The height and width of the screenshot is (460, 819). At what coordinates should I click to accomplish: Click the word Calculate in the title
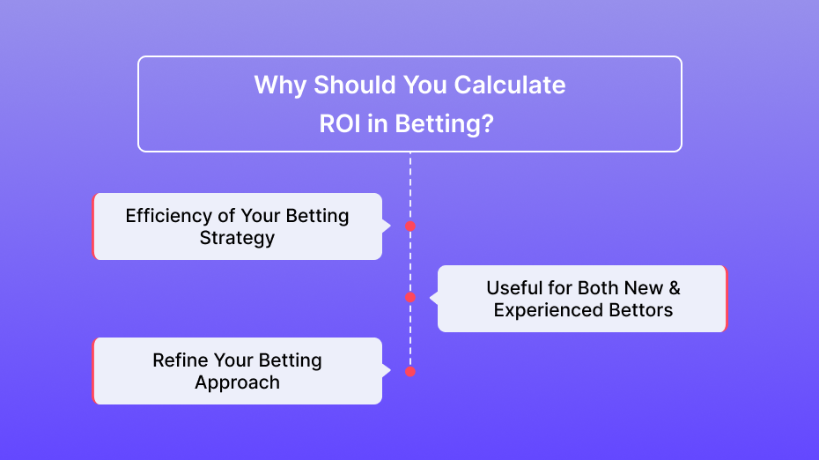[509, 85]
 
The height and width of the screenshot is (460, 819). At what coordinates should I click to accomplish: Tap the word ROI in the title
[340, 124]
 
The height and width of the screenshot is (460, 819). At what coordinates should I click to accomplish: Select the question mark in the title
[487, 124]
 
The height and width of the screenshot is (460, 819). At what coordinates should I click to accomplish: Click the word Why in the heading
[280, 85]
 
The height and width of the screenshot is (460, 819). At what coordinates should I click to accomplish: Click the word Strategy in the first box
[237, 238]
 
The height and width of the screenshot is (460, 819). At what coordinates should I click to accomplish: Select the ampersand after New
[675, 288]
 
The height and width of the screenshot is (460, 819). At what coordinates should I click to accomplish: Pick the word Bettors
[641, 310]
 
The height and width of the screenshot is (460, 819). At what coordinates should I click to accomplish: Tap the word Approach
[237, 383]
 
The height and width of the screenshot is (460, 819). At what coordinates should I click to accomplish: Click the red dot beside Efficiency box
[410, 226]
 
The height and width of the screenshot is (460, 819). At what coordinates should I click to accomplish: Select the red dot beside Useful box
[410, 298]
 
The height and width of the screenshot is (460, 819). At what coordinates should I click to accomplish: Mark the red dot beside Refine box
[410, 372]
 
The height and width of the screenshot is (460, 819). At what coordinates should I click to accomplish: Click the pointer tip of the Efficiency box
[391, 226]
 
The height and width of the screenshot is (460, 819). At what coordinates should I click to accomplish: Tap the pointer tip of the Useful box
[430, 298]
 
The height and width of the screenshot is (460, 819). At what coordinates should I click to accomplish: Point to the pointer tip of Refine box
[391, 371]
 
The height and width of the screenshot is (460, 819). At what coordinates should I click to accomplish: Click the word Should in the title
[355, 85]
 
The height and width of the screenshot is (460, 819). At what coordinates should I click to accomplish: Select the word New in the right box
[644, 288]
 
